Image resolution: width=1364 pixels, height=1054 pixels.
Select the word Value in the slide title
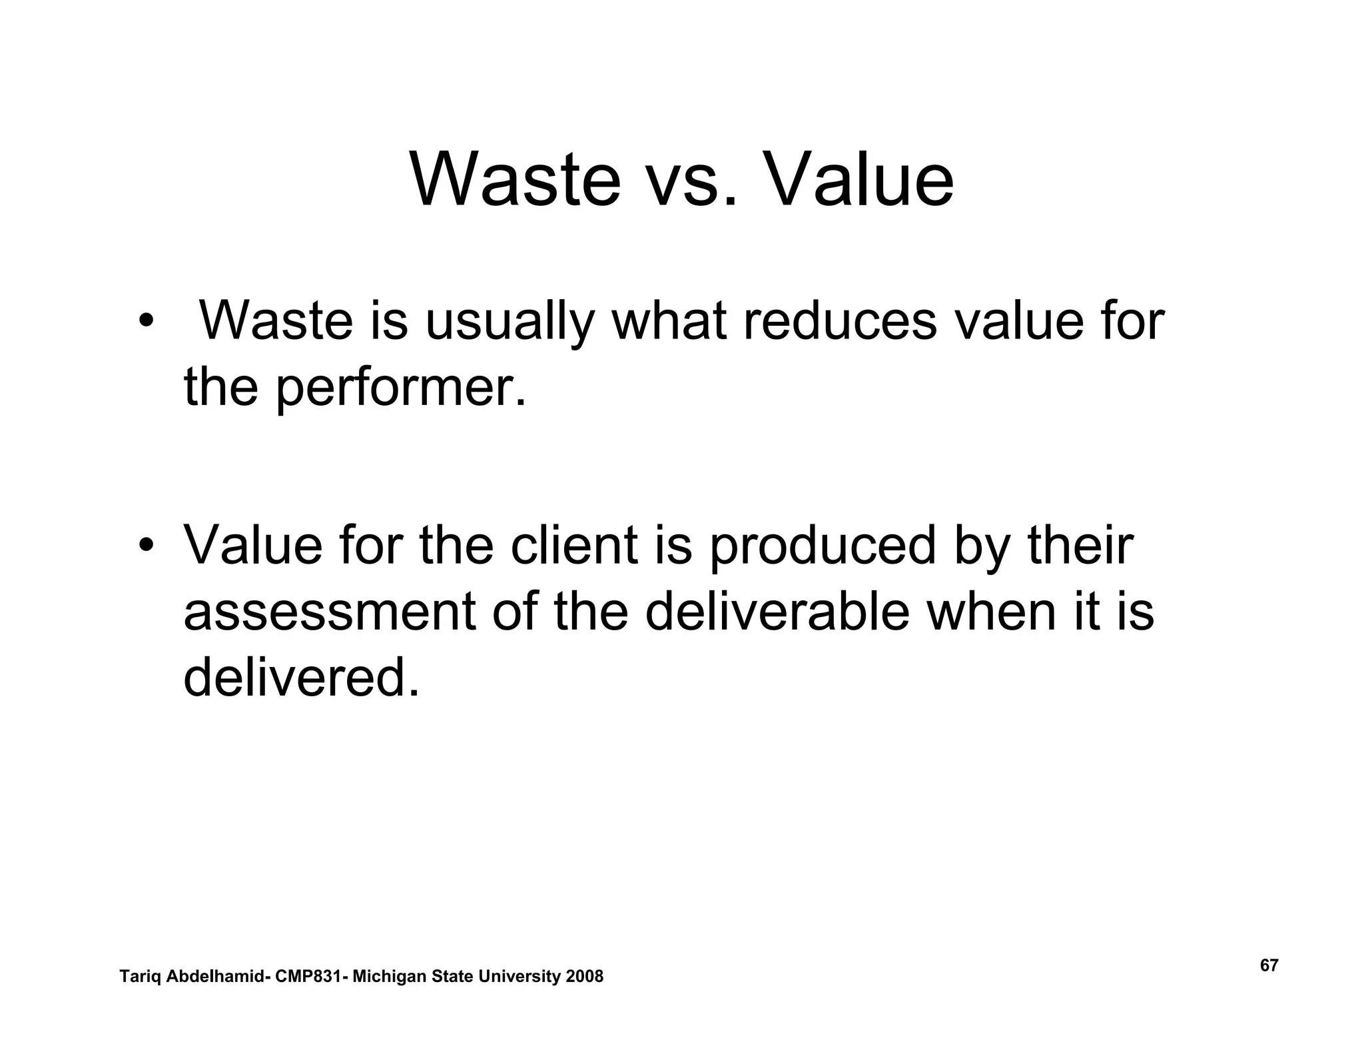[x=863, y=180]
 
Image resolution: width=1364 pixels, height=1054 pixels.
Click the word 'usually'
[x=509, y=323]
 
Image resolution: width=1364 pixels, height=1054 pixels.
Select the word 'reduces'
[x=839, y=322]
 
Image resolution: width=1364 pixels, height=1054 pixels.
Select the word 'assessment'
[x=330, y=613]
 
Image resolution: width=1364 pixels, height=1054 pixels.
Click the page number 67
[x=1269, y=965]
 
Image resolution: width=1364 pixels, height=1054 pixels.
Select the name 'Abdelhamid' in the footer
[x=214, y=977]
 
